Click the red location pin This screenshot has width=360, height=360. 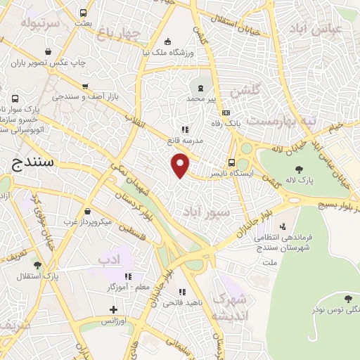(181, 165)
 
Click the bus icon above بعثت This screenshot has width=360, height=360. (84, 13)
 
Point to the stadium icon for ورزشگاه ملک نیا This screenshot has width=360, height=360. (167, 40)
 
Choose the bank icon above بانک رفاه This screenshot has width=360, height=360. (226, 112)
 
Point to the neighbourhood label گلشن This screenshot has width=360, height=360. (245, 90)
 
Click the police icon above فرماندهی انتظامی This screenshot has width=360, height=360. (282, 226)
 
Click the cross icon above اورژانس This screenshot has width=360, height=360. (114, 309)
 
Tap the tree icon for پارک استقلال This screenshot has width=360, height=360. (37, 265)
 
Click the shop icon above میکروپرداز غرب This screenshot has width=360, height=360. (86, 211)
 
